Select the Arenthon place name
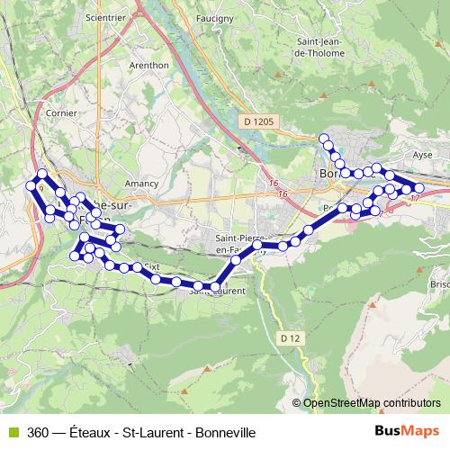[148, 65]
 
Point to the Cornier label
[62, 114]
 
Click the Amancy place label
[141, 184]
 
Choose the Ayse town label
[422, 155]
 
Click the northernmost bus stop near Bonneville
[324, 139]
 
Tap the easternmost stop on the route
[418, 187]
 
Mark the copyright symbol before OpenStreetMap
[297, 403]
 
